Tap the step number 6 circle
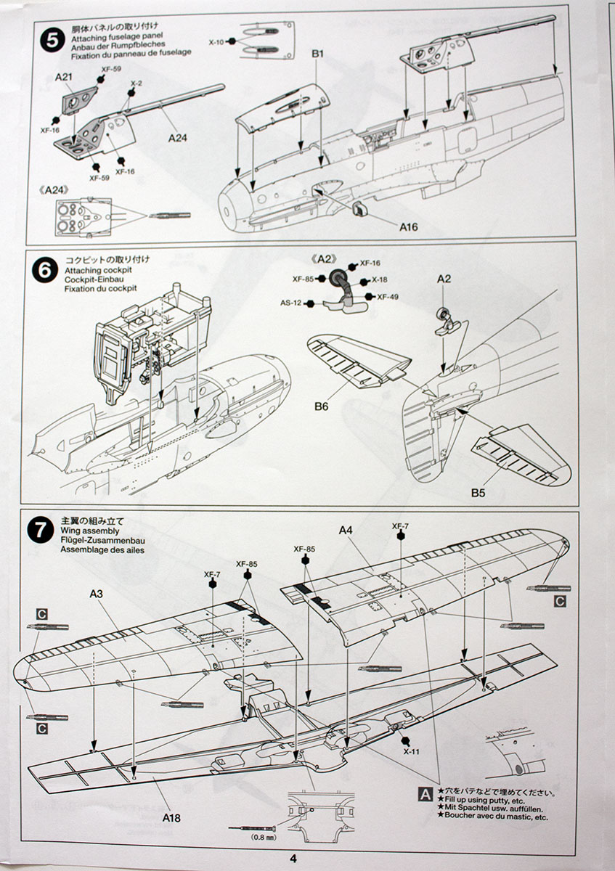pos(45,269)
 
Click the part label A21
pos(65,75)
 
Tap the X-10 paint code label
pos(216,42)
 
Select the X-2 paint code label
pos(136,84)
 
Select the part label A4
pos(346,530)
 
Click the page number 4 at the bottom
pos(293,858)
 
